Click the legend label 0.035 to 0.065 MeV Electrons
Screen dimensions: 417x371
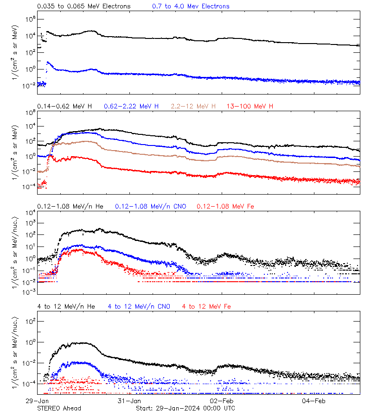click(x=83, y=6)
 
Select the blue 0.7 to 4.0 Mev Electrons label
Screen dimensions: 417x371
click(x=191, y=6)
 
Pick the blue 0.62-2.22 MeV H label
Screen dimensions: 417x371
click(x=131, y=107)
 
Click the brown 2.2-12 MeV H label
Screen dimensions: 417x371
click(x=193, y=107)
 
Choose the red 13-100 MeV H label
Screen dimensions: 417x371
click(x=249, y=107)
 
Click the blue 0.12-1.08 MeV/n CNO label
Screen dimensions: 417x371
click(x=150, y=206)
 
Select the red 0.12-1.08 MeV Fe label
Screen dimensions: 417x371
click(x=225, y=206)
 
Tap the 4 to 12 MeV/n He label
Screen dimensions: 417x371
click(x=66, y=307)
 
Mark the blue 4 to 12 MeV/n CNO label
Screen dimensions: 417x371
click(x=139, y=307)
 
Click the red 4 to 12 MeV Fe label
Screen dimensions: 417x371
click(x=206, y=307)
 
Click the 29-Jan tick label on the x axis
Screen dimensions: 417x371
click(x=38, y=400)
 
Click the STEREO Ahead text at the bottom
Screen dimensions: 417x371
click(x=59, y=408)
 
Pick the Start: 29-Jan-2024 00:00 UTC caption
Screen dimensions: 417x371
click(x=185, y=408)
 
